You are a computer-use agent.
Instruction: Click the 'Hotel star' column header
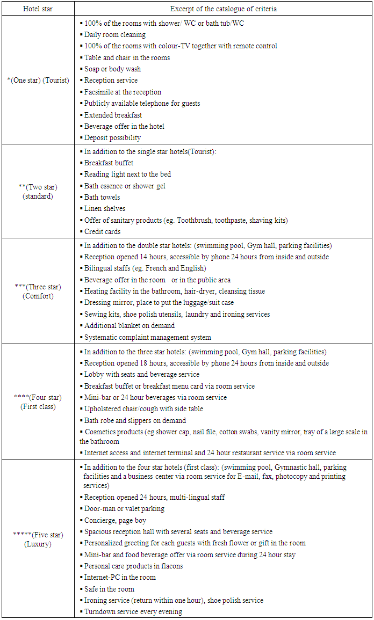pos(38,9)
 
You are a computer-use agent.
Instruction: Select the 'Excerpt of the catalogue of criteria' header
pos(223,9)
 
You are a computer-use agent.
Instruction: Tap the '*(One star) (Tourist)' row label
pos(38,81)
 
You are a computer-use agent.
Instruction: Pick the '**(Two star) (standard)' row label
pos(38,191)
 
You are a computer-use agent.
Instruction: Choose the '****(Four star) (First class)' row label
pos(38,402)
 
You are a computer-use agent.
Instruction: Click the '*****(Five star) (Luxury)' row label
pos(38,539)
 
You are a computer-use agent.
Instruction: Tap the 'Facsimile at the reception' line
pos(123,92)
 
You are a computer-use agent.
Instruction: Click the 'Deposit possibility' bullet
pos(112,138)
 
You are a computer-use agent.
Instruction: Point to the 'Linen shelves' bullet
pos(105,209)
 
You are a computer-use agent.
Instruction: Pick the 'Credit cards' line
pos(102,232)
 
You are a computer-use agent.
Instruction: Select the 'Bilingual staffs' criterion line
pos(145,268)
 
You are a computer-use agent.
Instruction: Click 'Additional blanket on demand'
pos(130,326)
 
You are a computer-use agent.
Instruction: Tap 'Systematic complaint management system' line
pos(148,338)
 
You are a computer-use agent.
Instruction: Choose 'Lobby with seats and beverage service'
pos(142,375)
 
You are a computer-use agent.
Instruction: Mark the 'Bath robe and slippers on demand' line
pos(135,421)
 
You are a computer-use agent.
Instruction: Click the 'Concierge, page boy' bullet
pos(115,520)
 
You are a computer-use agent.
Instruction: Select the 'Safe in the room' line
pos(109,589)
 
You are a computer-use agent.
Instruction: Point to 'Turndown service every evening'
pos(133,612)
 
